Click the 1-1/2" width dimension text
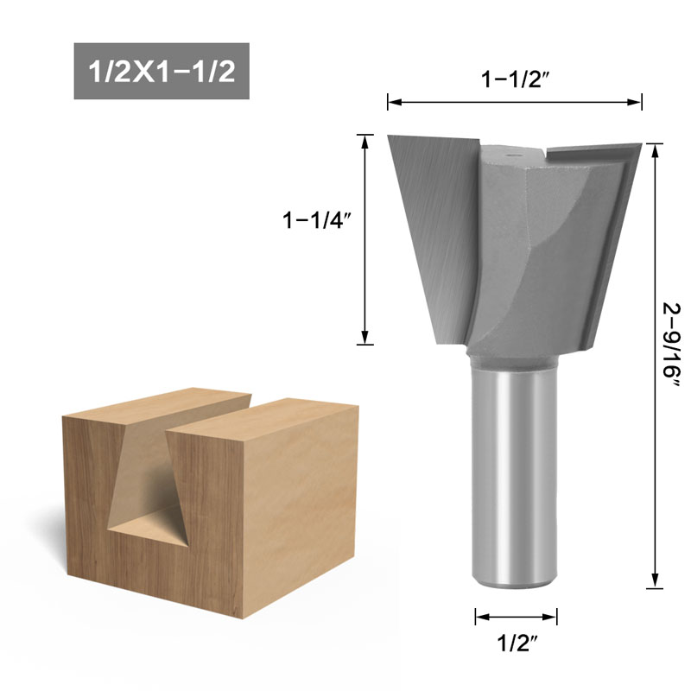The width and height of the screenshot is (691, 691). click(x=516, y=79)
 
